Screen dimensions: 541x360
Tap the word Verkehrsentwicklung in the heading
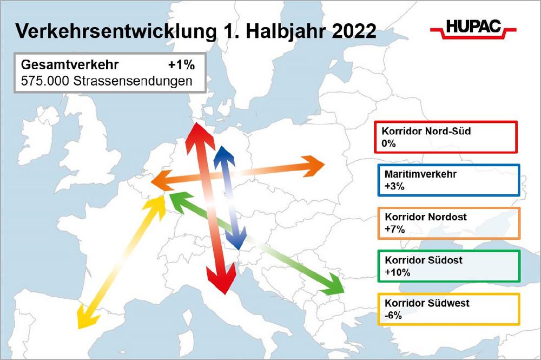pyautogui.click(x=116, y=31)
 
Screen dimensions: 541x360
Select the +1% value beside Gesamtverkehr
pyautogui.click(x=181, y=65)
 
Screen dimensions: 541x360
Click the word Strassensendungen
pyautogui.click(x=133, y=81)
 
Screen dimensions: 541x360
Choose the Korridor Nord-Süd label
pyautogui.click(x=426, y=131)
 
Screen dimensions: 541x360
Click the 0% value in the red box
pyautogui.click(x=388, y=143)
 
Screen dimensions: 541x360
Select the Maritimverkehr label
pyautogui.click(x=420, y=174)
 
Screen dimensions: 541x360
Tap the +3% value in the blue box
pyautogui.click(x=394, y=186)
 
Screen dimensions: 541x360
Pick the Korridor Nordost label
pyautogui.click(x=426, y=217)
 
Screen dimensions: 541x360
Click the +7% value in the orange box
pyautogui.click(x=395, y=229)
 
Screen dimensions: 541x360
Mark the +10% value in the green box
pyautogui.click(x=398, y=272)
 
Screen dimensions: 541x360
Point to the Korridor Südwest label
pyautogui.click(x=427, y=303)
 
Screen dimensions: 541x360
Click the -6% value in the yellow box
pyautogui.click(x=393, y=315)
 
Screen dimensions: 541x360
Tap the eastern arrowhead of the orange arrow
pyautogui.click(x=313, y=166)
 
